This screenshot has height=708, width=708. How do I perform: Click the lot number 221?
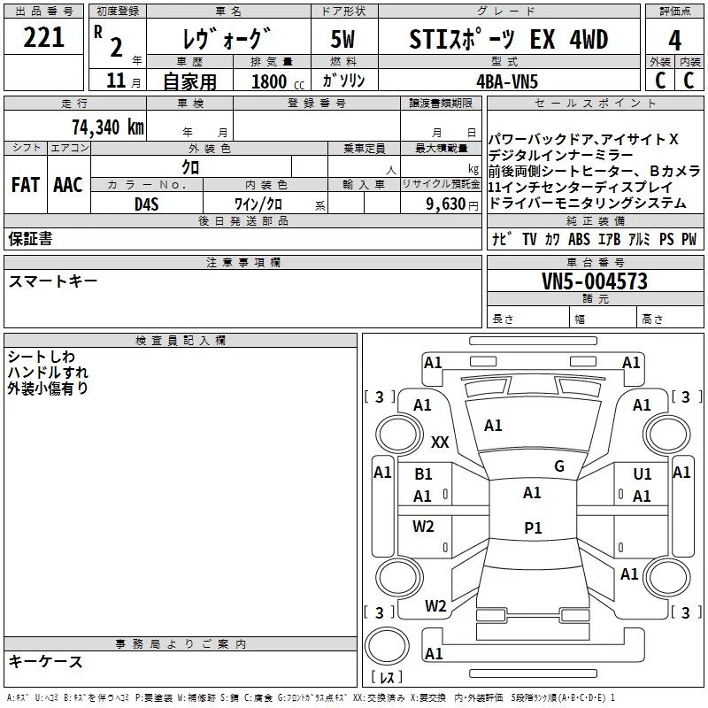(x=43, y=38)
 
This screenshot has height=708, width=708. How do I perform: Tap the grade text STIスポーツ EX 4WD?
(x=510, y=40)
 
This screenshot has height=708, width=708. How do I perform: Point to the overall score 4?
(x=675, y=40)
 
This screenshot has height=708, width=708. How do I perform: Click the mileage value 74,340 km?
(x=106, y=127)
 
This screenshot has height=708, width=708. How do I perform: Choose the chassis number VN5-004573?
(x=594, y=282)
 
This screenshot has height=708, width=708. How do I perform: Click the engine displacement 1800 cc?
(x=273, y=82)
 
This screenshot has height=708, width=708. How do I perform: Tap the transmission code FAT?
(x=25, y=185)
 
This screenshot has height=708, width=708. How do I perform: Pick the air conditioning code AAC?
(x=68, y=185)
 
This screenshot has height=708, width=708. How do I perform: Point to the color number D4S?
(x=146, y=204)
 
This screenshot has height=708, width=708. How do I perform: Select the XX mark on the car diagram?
(x=440, y=442)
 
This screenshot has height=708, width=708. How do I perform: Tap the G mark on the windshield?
(x=558, y=466)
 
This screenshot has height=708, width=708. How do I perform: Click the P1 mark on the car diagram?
(x=533, y=527)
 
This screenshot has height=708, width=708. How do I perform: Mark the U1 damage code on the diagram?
(x=642, y=474)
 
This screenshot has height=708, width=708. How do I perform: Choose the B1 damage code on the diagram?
(x=424, y=474)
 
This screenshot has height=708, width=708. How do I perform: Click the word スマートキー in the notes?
(x=53, y=281)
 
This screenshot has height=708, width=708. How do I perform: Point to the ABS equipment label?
(x=579, y=239)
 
